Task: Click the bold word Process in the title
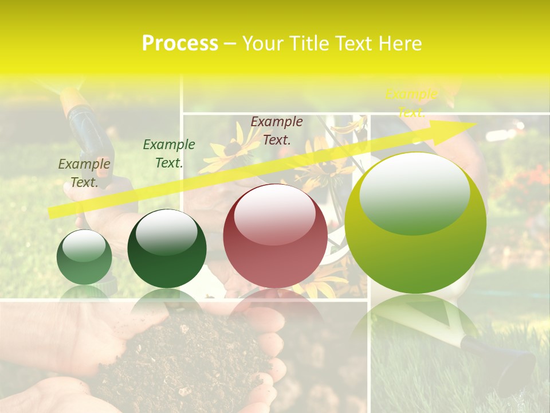coord(180,44)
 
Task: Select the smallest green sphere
coord(84,257)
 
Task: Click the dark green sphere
coord(167,249)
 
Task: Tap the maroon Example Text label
coord(277,130)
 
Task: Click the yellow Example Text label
coord(411,103)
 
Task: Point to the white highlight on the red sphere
coord(275,213)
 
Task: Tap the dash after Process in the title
coord(230,44)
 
